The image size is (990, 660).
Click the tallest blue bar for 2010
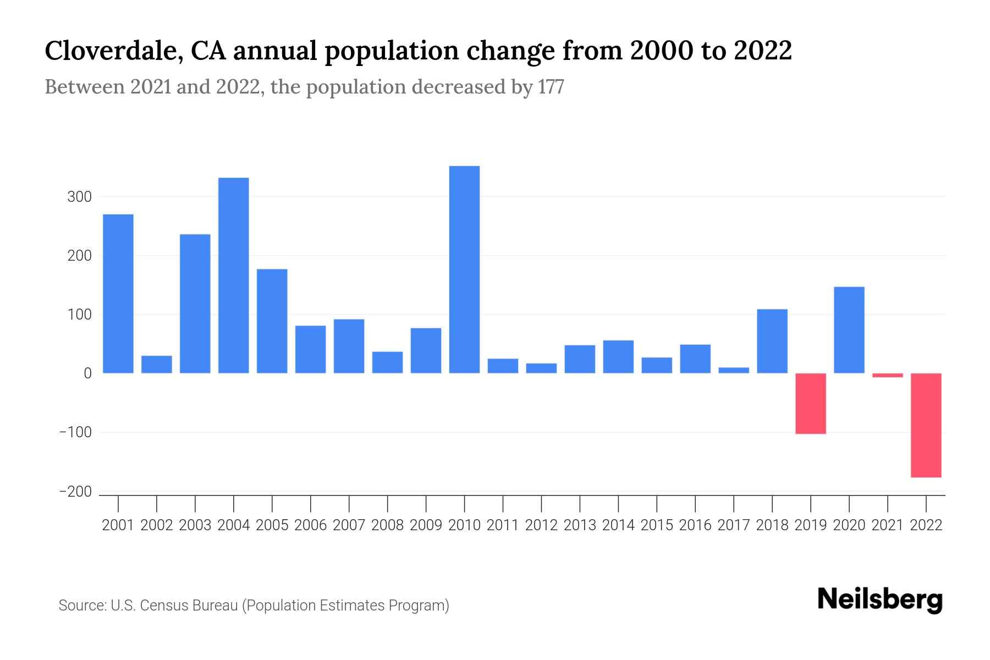pos(464,269)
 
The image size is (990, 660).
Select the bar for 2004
pos(233,275)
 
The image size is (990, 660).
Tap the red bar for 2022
pos(926,425)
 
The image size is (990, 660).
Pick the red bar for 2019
pos(810,403)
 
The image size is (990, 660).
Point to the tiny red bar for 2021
pos(887,375)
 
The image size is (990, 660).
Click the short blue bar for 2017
pos(734,370)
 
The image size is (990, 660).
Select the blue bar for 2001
pos(118,294)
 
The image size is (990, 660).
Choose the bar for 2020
pos(849,330)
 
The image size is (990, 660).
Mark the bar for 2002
pos(157,364)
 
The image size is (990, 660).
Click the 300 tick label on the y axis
pos(79,197)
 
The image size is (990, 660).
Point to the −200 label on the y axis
pos(75,492)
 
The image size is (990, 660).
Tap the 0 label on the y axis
pos(87,373)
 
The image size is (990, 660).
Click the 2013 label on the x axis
pos(580,525)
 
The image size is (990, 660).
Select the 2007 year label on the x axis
pos(349,525)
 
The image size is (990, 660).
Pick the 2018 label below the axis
pos(772,525)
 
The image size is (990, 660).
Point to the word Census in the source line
pos(160,606)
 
